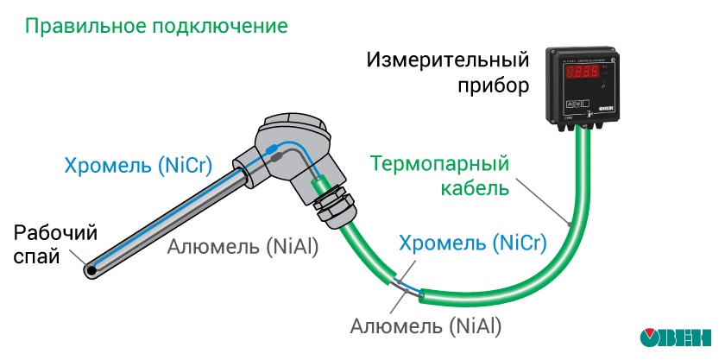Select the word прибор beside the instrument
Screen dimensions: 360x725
click(491, 87)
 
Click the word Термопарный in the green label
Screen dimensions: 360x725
click(438, 163)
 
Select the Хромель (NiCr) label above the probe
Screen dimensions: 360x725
click(138, 166)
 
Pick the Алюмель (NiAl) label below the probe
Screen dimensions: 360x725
click(243, 246)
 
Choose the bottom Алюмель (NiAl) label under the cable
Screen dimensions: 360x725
click(426, 326)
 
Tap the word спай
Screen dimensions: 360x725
click(37, 256)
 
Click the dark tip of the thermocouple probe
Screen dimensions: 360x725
click(91, 270)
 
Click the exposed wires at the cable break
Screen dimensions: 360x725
click(406, 287)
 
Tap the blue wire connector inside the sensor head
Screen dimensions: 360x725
click(274, 156)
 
